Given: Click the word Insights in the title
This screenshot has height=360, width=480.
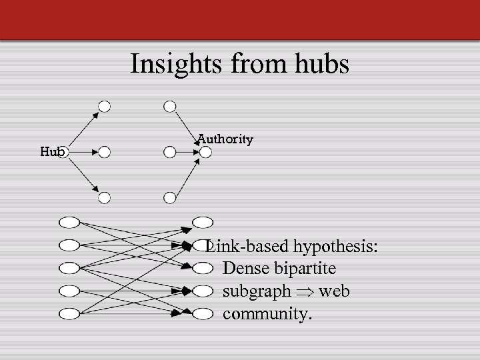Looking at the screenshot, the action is pos(173,64).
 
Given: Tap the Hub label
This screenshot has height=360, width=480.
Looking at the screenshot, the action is pos(52,151).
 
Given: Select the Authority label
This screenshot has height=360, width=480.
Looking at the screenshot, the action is pos(225,139).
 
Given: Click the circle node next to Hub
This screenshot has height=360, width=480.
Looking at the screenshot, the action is pos(73,152).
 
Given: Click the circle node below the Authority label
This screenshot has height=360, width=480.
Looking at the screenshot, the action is pos(205,153).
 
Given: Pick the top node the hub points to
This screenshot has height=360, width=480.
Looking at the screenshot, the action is pos(104,106).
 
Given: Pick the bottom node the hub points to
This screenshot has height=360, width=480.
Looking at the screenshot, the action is pos(104,197).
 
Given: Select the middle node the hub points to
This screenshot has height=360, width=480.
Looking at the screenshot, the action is pos(104,152).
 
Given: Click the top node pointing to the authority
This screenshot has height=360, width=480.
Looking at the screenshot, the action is pos(170,106).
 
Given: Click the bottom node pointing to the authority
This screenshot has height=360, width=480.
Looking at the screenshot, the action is pos(170,197).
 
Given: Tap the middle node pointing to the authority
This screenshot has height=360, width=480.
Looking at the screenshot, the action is pos(170,152).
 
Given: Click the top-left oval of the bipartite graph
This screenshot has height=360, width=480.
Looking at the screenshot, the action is pos(69,222).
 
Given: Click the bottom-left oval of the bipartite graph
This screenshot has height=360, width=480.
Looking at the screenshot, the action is pos(69,313).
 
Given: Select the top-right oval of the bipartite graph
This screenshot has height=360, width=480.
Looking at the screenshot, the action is pos(203,222).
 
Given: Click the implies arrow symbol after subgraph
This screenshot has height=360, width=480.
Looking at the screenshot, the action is pos(305,292).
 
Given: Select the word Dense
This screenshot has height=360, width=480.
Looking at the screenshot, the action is pos(244,269).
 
